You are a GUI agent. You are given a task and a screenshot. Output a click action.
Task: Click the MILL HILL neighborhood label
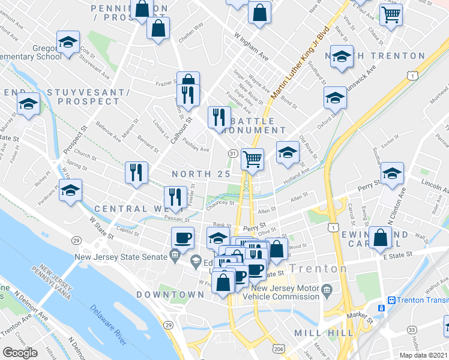click(x=319, y=332)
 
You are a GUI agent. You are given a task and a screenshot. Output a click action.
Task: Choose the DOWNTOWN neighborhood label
click(x=170, y=295)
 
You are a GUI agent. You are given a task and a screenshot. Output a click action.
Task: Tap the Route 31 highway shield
click(x=232, y=154)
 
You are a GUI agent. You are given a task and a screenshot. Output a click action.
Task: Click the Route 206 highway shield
click(x=278, y=347)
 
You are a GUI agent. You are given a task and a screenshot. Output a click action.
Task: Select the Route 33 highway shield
click(x=411, y=329)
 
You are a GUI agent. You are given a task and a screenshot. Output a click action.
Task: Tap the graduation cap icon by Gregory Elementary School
click(x=68, y=43)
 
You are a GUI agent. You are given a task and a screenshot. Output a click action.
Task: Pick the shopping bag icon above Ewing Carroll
click(x=381, y=237)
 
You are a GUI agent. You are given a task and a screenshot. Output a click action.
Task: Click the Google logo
click(x=20, y=352)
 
